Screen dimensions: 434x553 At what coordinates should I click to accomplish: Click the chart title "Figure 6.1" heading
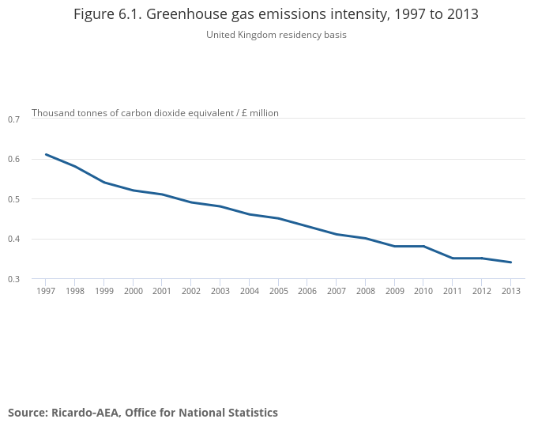pos(276,14)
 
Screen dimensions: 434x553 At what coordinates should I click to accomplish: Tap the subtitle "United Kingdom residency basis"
pos(276,35)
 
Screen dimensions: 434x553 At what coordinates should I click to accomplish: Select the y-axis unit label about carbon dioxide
pos(155,113)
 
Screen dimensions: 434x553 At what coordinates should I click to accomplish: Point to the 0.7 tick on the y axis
pos(13,119)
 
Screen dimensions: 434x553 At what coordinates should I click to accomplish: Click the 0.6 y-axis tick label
pos(13,159)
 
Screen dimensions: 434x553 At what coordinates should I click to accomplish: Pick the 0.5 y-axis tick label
pos(13,199)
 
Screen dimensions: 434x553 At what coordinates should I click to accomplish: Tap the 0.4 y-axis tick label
pos(13,239)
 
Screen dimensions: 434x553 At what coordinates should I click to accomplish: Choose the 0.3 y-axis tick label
pos(13,279)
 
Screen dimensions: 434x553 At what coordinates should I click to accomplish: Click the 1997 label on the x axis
pos(46,291)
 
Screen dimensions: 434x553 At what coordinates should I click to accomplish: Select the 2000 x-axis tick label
pos(133,291)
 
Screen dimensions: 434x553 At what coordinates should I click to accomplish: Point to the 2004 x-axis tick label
pos(249,291)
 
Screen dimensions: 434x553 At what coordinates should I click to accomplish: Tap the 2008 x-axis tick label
pos(365,291)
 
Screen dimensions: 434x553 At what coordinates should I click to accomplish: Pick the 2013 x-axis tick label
pos(510,291)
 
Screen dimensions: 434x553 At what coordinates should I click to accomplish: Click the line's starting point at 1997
pos(46,154)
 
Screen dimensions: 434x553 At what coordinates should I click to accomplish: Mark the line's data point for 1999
pos(104,183)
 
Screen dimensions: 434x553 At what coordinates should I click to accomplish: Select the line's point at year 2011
pos(453,259)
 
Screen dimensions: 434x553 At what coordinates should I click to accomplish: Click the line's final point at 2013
pos(510,262)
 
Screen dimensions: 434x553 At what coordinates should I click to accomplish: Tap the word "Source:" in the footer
pos(28,413)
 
